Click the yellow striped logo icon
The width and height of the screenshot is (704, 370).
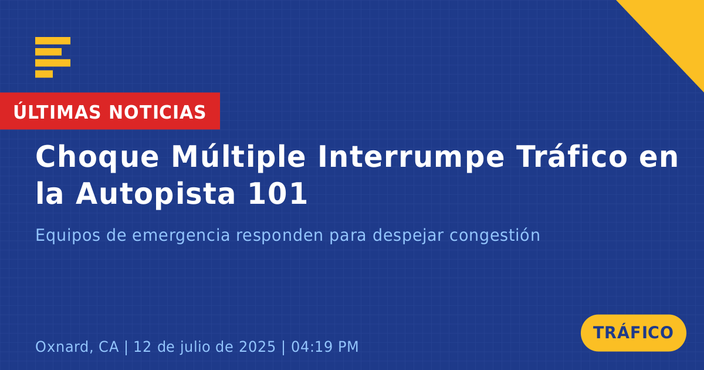coord(53,58)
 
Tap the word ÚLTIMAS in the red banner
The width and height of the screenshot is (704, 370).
coord(57,112)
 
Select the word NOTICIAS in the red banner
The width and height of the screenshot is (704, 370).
coord(157,112)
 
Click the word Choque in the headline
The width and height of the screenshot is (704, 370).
coord(97,157)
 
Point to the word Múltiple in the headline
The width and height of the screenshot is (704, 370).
coord(239,156)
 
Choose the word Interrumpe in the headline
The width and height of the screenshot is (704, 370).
coord(411,157)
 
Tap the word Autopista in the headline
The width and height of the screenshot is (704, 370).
coord(155,193)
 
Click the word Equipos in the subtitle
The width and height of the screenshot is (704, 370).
coord(68,236)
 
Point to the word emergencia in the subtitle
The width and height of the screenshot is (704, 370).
coord(181,236)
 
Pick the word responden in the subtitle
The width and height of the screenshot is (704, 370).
coord(280,236)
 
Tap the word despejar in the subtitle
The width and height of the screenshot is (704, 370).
coord(408,236)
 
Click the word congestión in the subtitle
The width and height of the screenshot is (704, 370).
coord(495,236)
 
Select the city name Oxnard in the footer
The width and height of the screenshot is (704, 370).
coord(64,347)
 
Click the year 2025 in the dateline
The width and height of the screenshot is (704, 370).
coord(258,347)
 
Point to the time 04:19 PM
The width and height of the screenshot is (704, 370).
coord(325,347)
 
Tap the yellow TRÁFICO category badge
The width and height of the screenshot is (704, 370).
coord(633,333)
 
